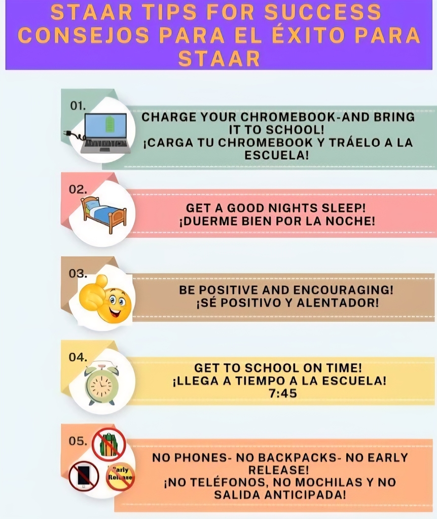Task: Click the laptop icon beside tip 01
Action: coord(104,132)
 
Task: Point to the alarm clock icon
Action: coord(101,383)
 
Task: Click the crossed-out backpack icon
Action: coord(108,444)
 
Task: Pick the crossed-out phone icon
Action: coord(84,475)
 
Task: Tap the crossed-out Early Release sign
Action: coord(120,476)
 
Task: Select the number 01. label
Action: coord(78,106)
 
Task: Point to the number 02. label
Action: coord(78,189)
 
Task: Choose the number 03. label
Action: coord(78,273)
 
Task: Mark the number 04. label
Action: coord(78,357)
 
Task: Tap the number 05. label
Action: coord(78,441)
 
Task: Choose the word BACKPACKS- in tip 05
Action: coord(288,458)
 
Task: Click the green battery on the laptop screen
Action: coord(108,124)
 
